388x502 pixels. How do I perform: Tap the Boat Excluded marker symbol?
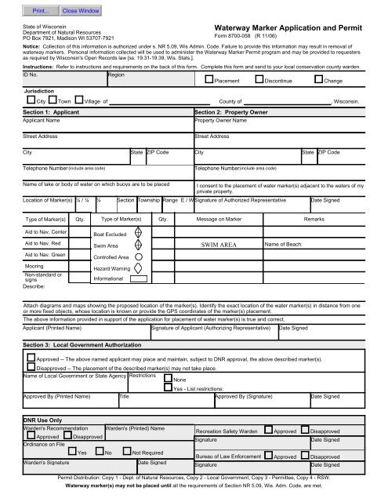pyautogui.click(x=138, y=232)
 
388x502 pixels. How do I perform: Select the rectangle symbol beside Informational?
pyautogui.click(x=138, y=277)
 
